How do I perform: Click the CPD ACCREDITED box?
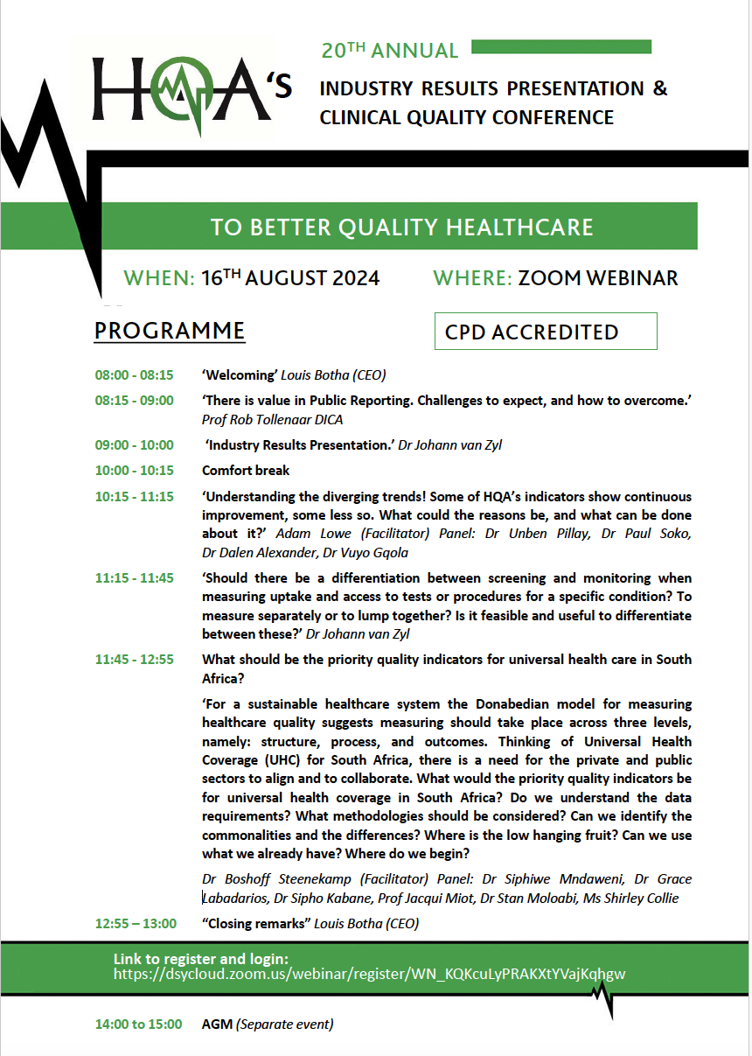545,332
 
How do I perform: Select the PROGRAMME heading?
170,332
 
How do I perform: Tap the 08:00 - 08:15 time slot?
134,375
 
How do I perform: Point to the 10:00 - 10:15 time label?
134,471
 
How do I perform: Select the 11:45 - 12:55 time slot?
134,660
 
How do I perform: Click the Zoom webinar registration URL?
369,974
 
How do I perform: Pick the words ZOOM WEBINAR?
597,278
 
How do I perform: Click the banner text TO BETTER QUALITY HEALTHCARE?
401,227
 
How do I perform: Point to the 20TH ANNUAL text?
389,51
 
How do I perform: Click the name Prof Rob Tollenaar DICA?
272,419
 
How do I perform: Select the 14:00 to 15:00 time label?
138,1024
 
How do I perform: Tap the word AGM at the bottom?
216,1024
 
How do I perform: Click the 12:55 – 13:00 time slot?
136,924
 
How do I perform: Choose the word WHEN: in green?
159,278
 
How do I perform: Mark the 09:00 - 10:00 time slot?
134,445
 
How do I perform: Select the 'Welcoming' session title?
240,375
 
